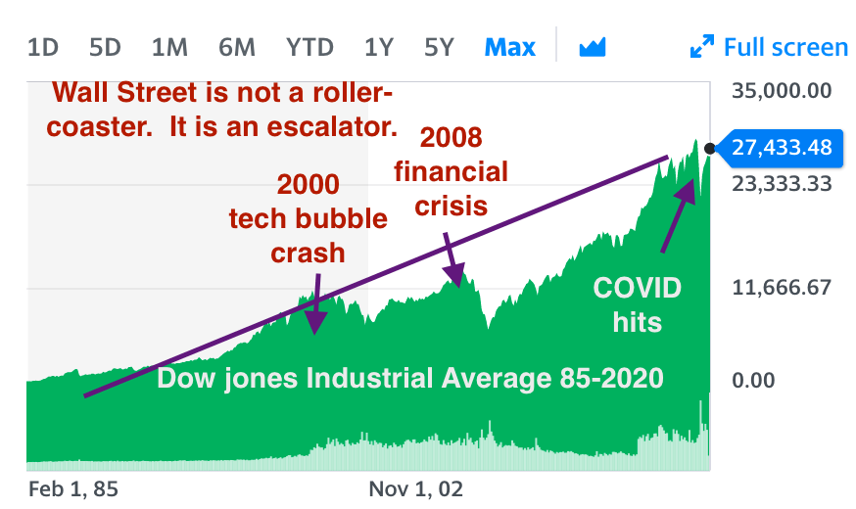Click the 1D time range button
tap(42, 47)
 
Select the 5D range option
tap(105, 47)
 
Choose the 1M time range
tap(169, 47)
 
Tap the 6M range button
tap(237, 47)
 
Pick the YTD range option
tap(309, 47)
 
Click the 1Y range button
tap(379, 47)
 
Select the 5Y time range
tap(439, 47)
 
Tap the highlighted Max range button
tap(510, 47)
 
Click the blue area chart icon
tap(593, 47)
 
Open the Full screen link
tap(769, 47)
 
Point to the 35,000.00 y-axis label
tap(782, 91)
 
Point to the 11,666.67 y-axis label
tap(782, 288)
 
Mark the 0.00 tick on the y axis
tap(753, 380)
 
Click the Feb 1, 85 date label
tap(73, 488)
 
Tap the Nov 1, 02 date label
tap(416, 488)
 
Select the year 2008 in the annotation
tap(451, 137)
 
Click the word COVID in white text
tap(637, 288)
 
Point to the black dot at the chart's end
tap(710, 149)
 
